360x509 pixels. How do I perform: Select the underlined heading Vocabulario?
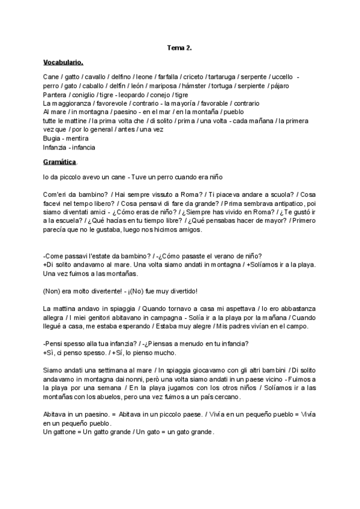[63, 62]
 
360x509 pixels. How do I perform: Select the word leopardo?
[134, 95]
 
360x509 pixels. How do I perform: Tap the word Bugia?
[53, 138]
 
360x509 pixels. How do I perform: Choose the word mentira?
[80, 138]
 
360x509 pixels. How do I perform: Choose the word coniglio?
[86, 95]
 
